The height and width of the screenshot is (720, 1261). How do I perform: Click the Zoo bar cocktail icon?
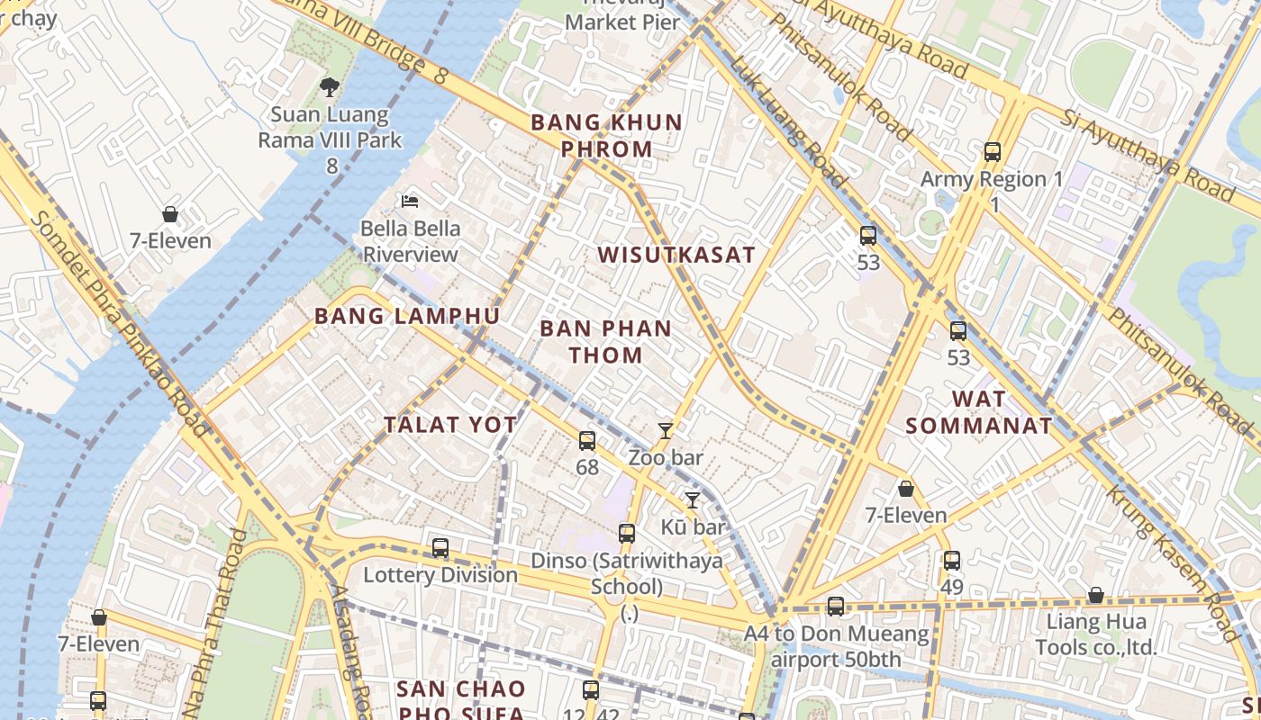(666, 431)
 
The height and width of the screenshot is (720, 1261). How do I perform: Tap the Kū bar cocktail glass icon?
(693, 500)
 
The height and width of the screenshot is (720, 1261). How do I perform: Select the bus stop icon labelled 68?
(587, 440)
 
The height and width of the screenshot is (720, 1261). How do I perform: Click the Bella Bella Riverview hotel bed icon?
(411, 202)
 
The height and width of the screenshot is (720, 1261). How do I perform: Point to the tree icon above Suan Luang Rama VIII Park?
(330, 87)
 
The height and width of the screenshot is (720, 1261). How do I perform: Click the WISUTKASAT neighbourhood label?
(676, 255)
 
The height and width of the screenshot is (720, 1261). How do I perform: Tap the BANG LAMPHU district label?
(406, 316)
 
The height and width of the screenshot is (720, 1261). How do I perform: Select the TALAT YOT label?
(450, 425)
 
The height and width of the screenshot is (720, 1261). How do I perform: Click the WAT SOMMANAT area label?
(979, 412)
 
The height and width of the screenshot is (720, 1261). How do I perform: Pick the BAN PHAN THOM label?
(605, 341)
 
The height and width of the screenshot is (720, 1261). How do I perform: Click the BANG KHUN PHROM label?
(606, 136)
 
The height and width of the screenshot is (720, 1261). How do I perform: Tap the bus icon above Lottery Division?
(440, 547)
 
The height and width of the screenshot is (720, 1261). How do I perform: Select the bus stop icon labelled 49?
(952, 561)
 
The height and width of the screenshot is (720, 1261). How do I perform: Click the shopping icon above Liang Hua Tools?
(1095, 596)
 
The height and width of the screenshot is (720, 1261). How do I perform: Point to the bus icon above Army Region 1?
(993, 152)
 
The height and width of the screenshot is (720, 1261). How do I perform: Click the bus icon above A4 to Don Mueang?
(836, 607)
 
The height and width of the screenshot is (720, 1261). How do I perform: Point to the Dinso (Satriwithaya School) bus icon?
(627, 534)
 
